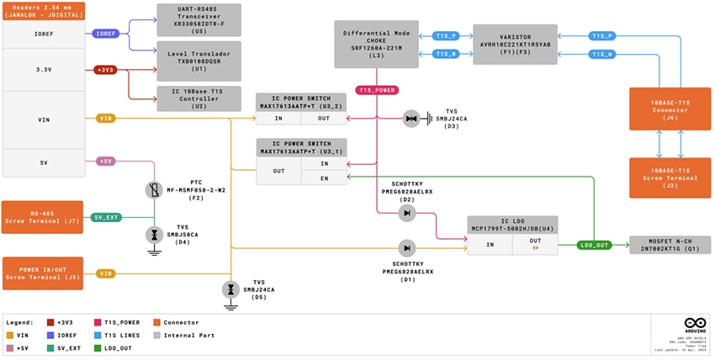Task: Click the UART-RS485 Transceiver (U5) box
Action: pos(199,19)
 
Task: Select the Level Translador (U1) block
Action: pos(199,57)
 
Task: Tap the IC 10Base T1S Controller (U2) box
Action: pos(199,98)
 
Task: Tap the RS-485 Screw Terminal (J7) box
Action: pos(42,217)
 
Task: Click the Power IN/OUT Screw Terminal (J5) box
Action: pos(42,273)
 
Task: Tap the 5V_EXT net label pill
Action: pos(106,217)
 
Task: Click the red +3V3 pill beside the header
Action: pos(106,70)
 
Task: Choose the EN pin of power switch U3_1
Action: pos(324,177)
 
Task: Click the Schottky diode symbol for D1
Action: pos(407,247)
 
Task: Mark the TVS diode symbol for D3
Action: pos(411,119)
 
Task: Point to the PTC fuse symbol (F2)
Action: pos(153,190)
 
